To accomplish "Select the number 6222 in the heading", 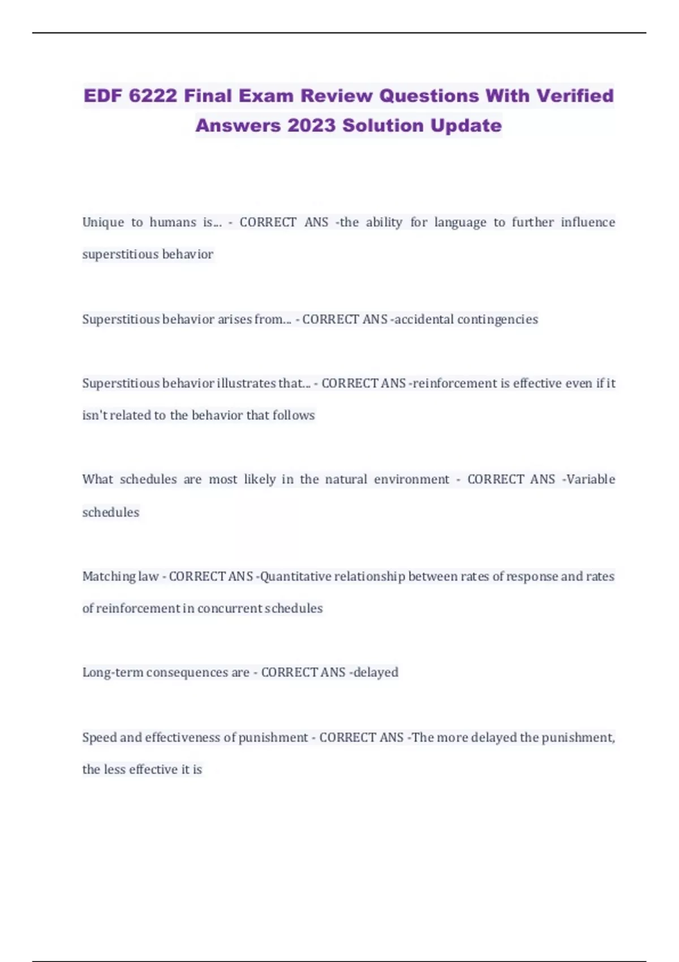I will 153,96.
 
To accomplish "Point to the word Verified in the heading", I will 575,96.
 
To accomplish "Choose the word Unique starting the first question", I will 103,222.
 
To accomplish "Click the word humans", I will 173,222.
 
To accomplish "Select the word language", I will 460,222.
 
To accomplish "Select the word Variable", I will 590,479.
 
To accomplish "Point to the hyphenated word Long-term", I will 113,672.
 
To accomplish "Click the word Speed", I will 99,737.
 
